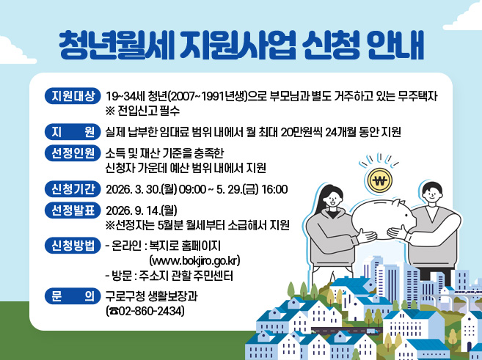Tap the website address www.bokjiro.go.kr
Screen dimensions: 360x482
click(x=195, y=260)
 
